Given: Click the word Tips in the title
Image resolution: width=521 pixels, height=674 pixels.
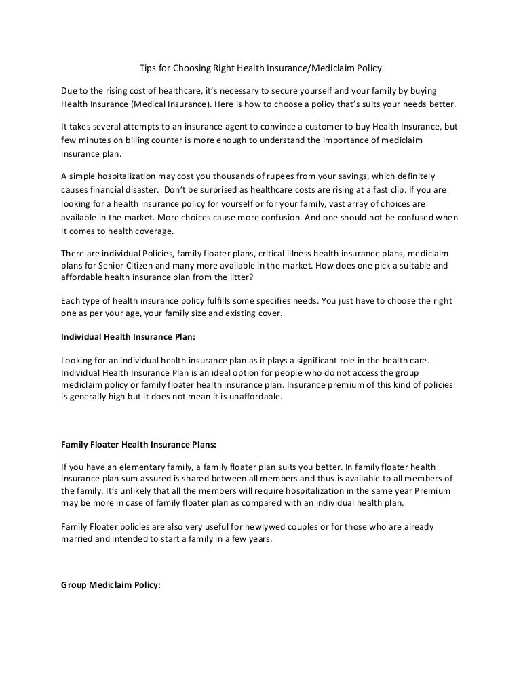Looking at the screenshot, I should tap(147, 68).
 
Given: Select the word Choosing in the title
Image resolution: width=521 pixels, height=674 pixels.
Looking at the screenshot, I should tap(193, 68).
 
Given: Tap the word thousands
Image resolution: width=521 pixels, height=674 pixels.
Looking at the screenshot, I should tap(216, 175).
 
